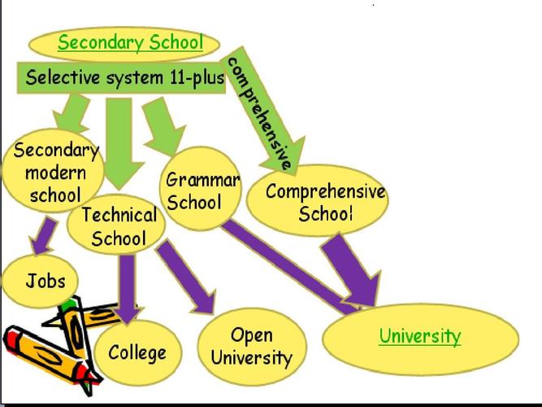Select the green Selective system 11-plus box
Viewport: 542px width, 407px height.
122,78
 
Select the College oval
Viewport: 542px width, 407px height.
137,352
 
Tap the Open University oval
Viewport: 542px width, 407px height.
250,346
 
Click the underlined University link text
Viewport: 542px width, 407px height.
419,335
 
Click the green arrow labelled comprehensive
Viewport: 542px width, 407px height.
264,114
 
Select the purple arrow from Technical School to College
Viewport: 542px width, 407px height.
128,285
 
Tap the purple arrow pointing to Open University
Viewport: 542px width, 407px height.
186,278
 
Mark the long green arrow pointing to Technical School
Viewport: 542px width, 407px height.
122,138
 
